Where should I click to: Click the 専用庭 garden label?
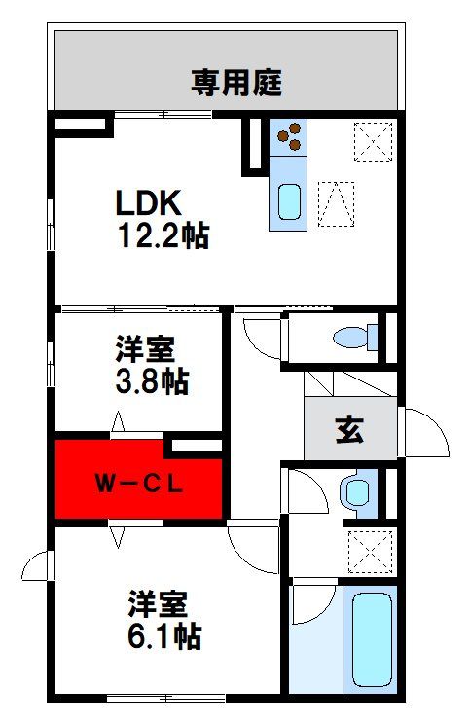[235, 83]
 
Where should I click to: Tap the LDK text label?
[149, 202]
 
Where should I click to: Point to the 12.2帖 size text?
[164, 234]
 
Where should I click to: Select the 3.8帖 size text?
[152, 380]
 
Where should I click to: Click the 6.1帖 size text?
[164, 635]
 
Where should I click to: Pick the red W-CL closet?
[138, 481]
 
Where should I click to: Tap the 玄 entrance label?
[349, 430]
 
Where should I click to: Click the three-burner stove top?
[288, 137]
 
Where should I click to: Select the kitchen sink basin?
[290, 201]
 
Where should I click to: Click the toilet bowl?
[355, 338]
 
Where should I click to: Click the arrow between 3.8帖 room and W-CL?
[118, 421]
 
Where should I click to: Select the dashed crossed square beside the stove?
[374, 142]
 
